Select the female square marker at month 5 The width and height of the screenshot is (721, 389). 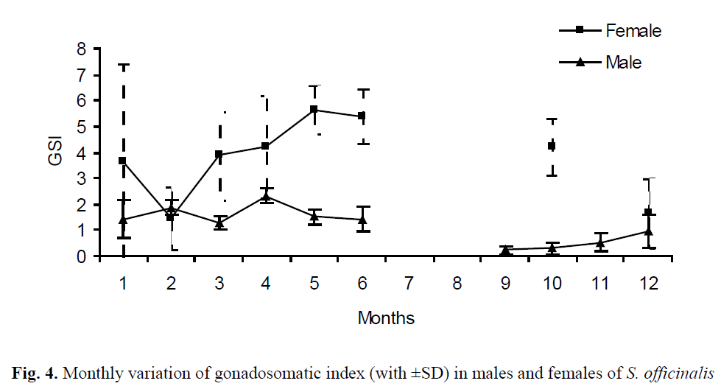(314, 110)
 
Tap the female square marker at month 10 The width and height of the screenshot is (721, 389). (552, 146)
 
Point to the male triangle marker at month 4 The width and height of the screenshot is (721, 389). (266, 197)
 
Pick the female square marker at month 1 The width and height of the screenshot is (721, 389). (123, 161)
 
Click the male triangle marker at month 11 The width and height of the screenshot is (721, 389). (600, 242)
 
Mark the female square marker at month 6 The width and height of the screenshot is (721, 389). (362, 116)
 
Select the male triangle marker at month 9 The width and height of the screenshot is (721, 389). (505, 250)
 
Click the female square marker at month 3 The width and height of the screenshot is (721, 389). (219, 155)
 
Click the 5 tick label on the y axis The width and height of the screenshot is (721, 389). (102, 127)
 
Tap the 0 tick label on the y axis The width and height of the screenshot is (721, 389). (102, 256)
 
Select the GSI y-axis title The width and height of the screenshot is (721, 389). (57, 152)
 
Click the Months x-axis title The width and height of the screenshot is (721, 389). (386, 318)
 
